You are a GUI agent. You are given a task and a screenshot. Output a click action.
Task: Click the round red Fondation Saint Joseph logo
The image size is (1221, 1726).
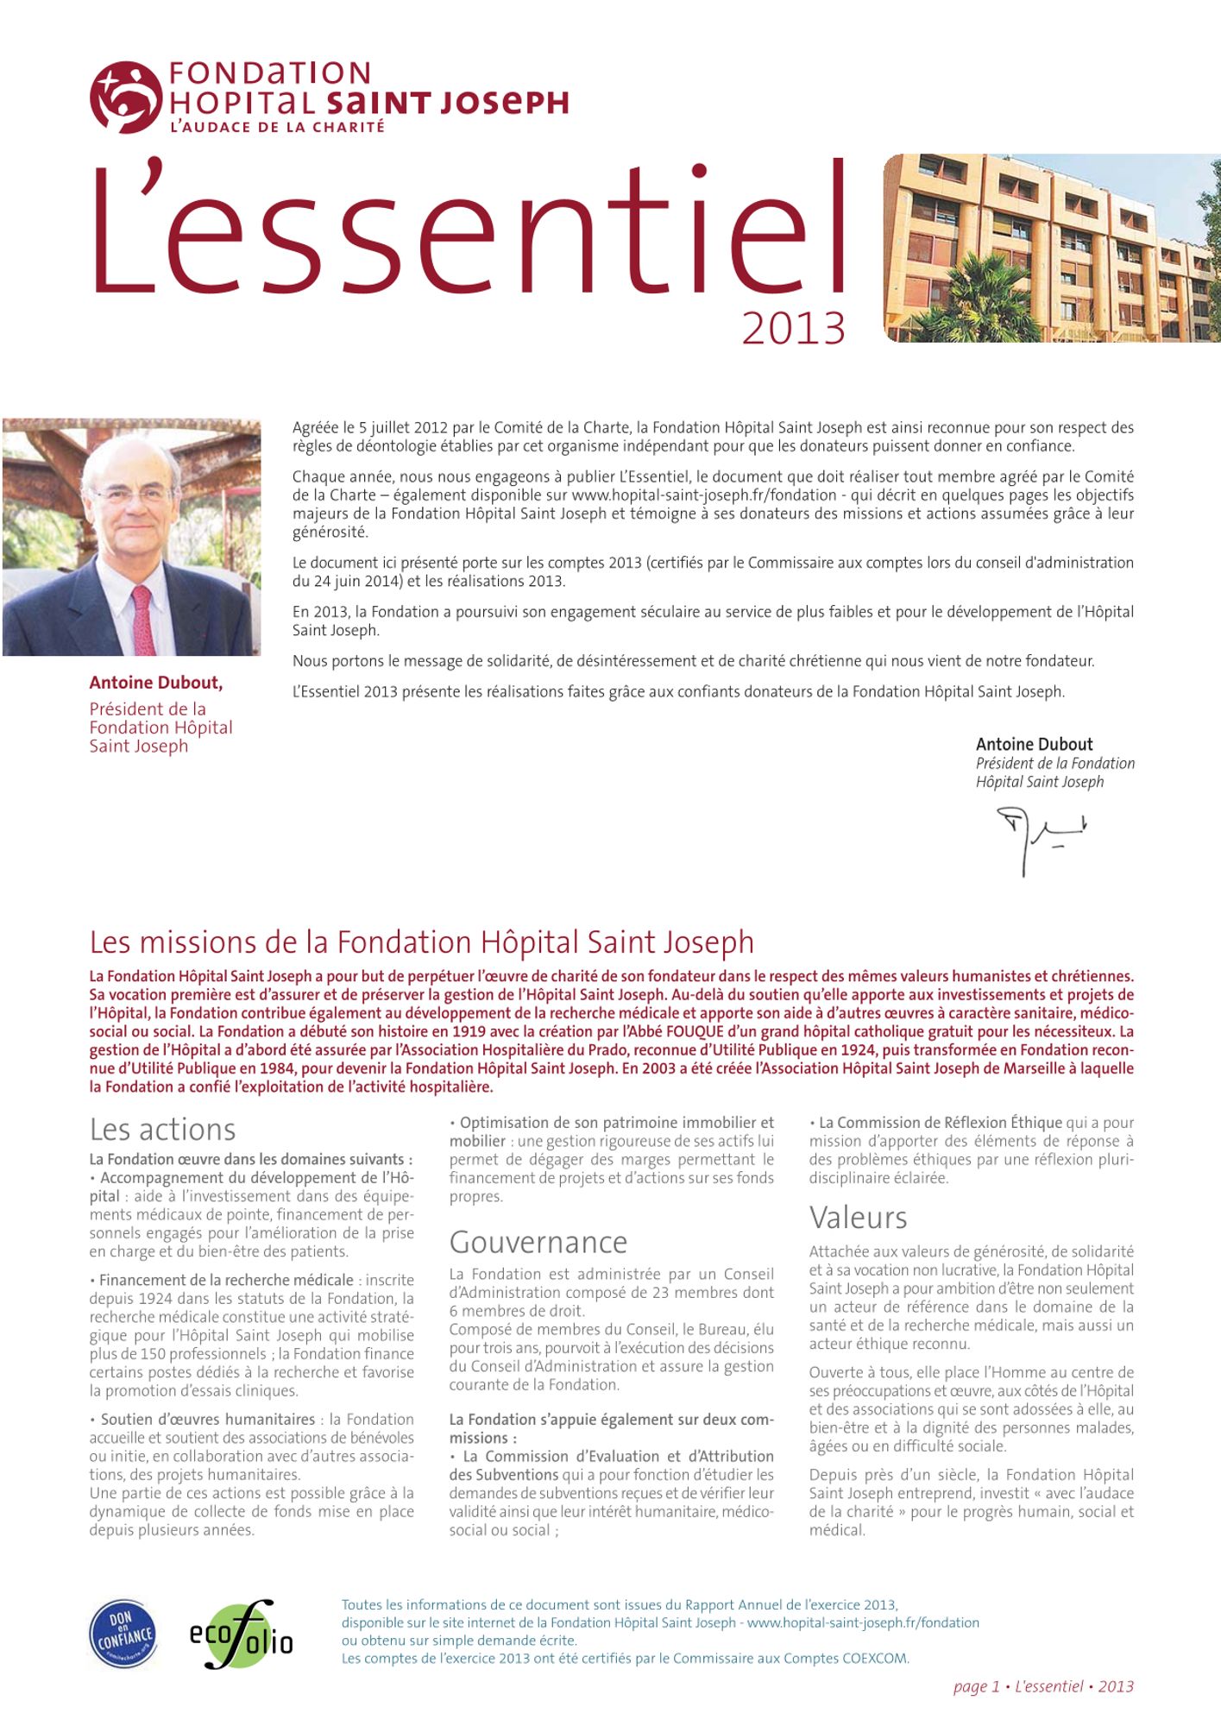coord(126,97)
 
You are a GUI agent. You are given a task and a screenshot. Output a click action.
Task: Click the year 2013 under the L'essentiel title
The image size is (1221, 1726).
coord(793,329)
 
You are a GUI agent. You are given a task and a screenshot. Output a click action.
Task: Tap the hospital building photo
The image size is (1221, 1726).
coord(1051,248)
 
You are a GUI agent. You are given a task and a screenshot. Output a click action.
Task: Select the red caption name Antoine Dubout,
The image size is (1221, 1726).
coord(156,683)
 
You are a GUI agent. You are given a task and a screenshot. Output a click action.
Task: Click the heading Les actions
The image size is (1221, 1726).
coord(162,1130)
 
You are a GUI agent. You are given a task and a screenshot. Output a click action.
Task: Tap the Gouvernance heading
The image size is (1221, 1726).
coord(538,1242)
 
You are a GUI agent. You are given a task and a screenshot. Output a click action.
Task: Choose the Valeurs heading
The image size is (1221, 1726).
coord(858,1218)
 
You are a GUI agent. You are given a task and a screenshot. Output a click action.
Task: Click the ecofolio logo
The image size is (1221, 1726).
coord(241,1635)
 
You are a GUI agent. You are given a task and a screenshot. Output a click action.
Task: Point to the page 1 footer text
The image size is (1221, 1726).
coord(1042,1686)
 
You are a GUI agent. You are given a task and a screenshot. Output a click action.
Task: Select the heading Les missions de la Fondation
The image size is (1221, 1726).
coord(421,942)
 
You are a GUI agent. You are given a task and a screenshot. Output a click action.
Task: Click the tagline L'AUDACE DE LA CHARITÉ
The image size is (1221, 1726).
coord(277,127)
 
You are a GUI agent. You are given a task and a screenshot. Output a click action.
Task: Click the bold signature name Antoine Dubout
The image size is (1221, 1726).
coord(1034,744)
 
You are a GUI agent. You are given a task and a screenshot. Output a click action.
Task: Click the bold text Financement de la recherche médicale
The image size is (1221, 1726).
coord(226,1280)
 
